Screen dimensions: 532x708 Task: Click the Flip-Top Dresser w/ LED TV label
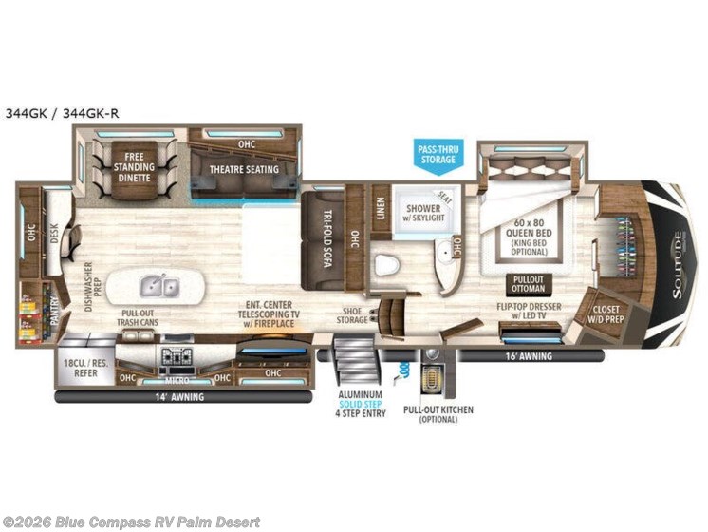[525, 313]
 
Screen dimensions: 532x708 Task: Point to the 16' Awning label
[526, 357]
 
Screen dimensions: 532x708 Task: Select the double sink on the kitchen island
[158, 283]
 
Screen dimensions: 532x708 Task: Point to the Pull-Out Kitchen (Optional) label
[438, 414]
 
